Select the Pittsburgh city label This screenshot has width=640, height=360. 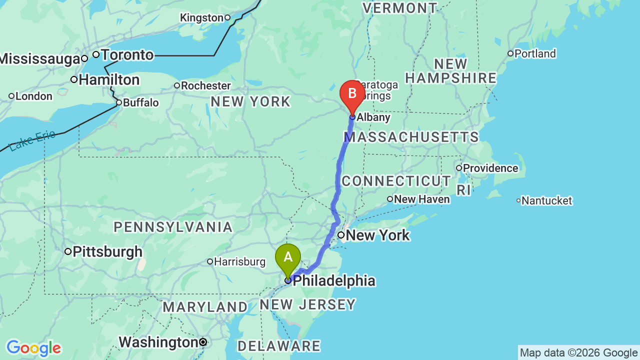[107, 251]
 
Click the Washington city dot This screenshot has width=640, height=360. [203, 342]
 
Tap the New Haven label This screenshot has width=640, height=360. [421, 199]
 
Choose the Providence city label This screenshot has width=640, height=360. [490, 168]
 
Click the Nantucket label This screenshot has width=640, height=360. [546, 200]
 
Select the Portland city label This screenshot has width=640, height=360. [534, 53]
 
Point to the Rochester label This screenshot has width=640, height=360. [205, 85]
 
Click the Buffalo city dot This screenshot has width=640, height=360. [119, 102]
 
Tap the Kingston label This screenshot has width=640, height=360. [201, 18]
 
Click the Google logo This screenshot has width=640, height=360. [33, 348]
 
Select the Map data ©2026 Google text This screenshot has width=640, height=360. [578, 352]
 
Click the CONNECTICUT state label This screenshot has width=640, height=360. [396, 181]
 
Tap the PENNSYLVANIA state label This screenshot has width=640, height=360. [173, 227]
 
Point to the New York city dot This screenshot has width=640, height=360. [341, 235]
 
